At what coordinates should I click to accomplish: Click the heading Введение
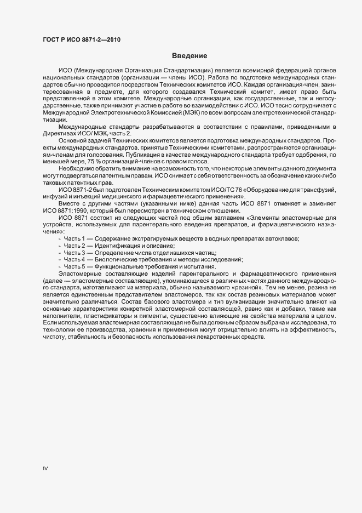(x=189, y=56)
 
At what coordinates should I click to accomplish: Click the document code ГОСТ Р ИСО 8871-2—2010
(x=82, y=39)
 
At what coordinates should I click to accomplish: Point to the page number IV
(x=45, y=469)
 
